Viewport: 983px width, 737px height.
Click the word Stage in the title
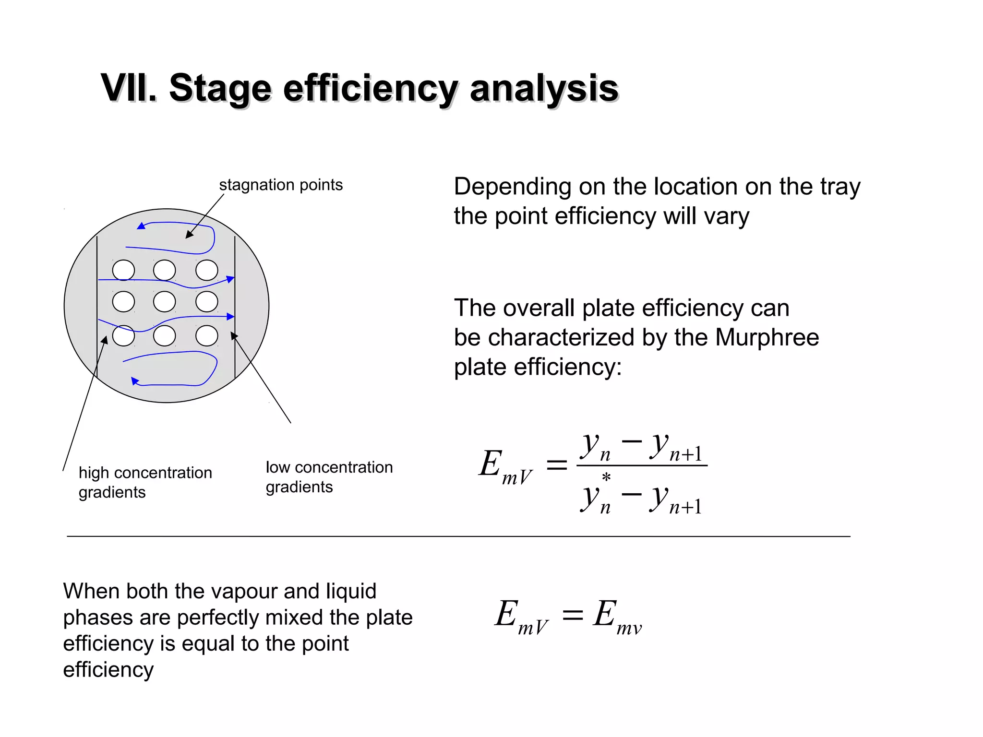(x=220, y=89)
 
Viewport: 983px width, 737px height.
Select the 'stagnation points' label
(x=281, y=185)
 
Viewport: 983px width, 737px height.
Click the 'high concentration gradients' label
(x=145, y=482)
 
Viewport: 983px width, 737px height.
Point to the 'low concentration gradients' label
(x=329, y=477)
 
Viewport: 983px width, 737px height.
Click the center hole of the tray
(x=165, y=302)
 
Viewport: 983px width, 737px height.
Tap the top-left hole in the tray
(x=123, y=270)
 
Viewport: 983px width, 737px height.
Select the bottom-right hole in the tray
(x=207, y=335)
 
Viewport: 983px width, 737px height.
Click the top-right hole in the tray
(x=207, y=270)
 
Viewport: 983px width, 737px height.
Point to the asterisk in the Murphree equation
(x=606, y=477)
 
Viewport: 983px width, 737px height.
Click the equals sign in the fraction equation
(x=557, y=464)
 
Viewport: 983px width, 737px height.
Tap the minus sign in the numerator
(x=632, y=441)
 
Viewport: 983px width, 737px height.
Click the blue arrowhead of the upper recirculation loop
(x=141, y=226)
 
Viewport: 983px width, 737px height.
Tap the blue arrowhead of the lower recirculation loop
(x=135, y=381)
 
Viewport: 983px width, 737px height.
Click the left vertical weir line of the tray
(x=97, y=307)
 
